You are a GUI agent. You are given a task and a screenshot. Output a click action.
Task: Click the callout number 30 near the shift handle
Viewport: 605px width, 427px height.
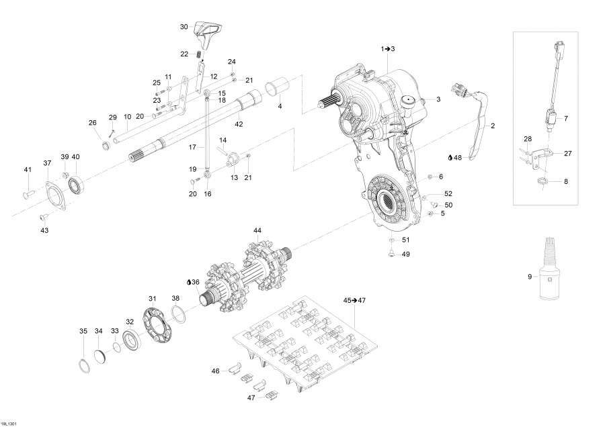pyautogui.click(x=184, y=27)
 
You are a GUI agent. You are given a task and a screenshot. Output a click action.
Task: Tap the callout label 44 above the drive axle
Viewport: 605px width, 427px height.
pyautogui.click(x=257, y=230)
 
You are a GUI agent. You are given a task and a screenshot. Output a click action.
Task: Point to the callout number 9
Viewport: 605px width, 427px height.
pyautogui.click(x=530, y=277)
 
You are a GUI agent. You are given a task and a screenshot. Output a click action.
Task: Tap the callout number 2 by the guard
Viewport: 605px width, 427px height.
pyautogui.click(x=492, y=126)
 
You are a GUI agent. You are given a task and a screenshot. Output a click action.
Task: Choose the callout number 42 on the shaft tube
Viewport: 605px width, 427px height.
pyautogui.click(x=238, y=124)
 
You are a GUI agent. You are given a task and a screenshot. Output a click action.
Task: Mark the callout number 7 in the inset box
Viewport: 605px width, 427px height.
pyautogui.click(x=565, y=118)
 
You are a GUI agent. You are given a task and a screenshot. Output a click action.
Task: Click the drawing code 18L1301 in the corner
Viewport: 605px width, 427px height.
pyautogui.click(x=9, y=422)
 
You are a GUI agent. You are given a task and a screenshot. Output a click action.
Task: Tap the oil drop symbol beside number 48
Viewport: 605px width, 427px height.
pyautogui.click(x=450, y=158)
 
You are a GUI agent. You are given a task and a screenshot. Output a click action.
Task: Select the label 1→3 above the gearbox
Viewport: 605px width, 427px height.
pyautogui.click(x=388, y=49)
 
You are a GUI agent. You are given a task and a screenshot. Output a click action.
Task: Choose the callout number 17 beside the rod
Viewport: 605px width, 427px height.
pyautogui.click(x=192, y=146)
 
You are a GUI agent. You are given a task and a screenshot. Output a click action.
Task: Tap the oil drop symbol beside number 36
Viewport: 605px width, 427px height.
pyautogui.click(x=190, y=282)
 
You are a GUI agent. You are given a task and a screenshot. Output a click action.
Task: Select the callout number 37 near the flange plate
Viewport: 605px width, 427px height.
pyautogui.click(x=47, y=163)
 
